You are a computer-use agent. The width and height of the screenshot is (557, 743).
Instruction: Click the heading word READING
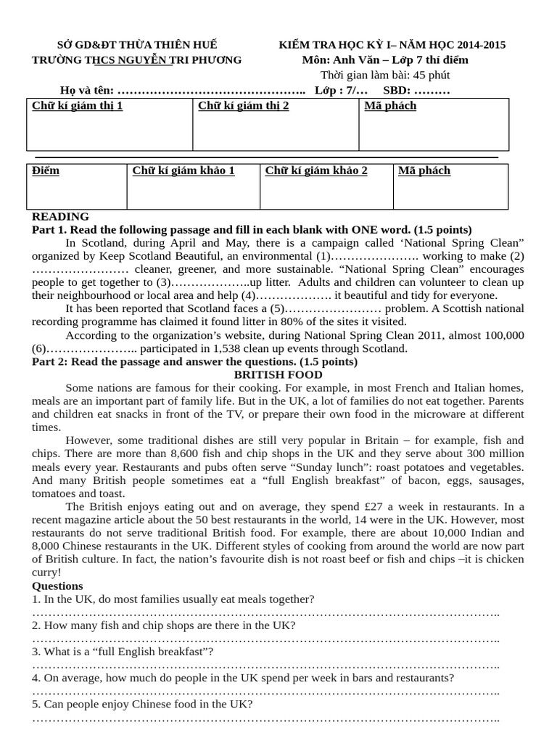61,216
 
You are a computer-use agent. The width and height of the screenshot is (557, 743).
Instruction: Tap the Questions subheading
57,586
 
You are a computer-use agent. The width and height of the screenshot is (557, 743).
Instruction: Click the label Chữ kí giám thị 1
78,106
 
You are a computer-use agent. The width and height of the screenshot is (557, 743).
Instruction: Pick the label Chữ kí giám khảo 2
316,171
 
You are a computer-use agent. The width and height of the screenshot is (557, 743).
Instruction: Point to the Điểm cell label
46,171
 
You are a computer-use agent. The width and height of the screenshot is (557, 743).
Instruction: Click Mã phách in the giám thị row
390,106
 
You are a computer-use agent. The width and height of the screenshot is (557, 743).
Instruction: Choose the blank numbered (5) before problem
326,308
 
